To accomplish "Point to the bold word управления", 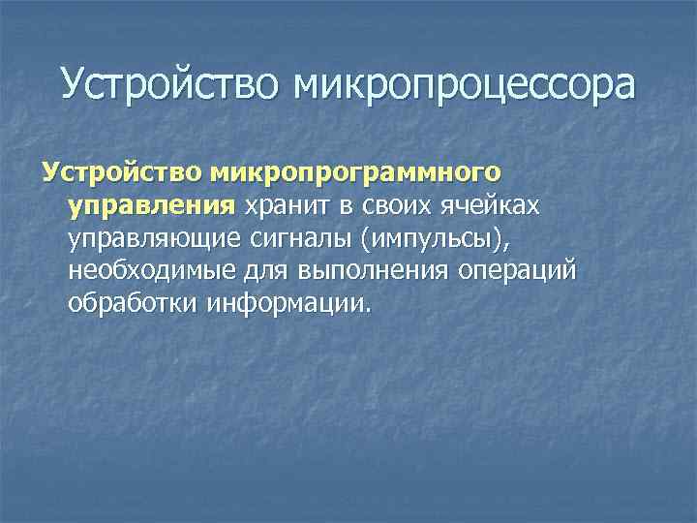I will tap(151, 205).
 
